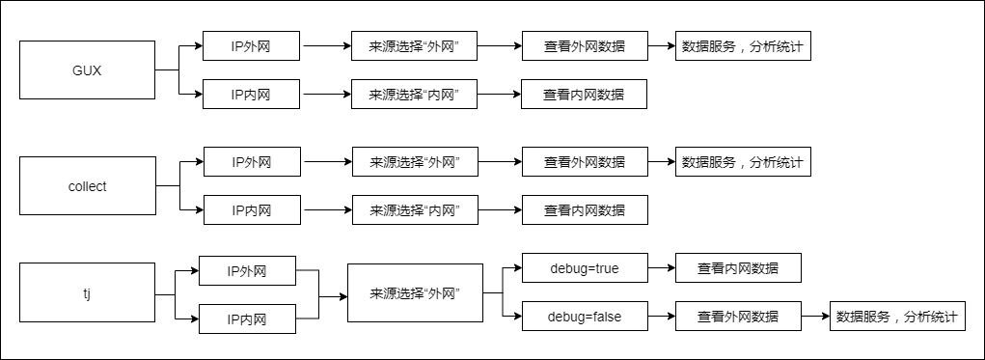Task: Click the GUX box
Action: (x=87, y=69)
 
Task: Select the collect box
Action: (x=87, y=185)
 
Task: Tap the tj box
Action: (x=87, y=291)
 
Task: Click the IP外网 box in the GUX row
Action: (x=252, y=46)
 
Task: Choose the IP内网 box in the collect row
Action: (x=252, y=209)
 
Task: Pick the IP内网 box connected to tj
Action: (x=246, y=318)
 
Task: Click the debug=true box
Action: (x=584, y=268)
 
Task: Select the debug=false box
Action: (x=584, y=317)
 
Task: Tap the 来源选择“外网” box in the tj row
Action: (x=414, y=291)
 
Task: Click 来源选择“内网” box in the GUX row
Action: (x=414, y=95)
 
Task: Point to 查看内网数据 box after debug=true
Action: (x=738, y=268)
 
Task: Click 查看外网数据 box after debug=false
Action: (x=738, y=317)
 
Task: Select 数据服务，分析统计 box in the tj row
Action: (x=896, y=317)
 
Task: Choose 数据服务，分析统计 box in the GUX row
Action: (x=743, y=46)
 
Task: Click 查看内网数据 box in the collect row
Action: (x=584, y=209)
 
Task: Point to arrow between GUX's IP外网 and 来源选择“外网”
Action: (x=326, y=46)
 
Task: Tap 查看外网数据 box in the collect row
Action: (x=584, y=162)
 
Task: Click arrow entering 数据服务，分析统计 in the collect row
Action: (x=661, y=162)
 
